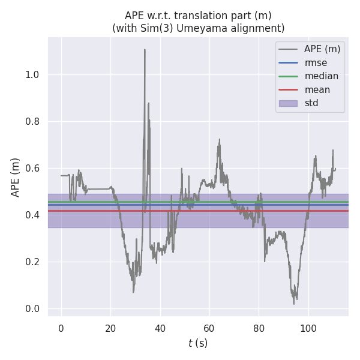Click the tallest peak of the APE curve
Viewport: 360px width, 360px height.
point(145,50)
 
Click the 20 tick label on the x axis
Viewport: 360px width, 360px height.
point(110,328)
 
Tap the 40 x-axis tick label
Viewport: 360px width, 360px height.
point(160,328)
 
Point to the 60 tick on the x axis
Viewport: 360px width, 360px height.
point(209,328)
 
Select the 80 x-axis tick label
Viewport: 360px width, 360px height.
point(259,328)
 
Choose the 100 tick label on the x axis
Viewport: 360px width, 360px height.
point(308,328)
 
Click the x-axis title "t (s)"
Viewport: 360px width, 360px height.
point(198,343)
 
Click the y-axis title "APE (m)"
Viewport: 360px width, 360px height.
point(16,177)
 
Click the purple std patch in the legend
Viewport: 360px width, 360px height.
point(288,103)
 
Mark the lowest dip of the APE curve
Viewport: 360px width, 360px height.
point(294,304)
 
